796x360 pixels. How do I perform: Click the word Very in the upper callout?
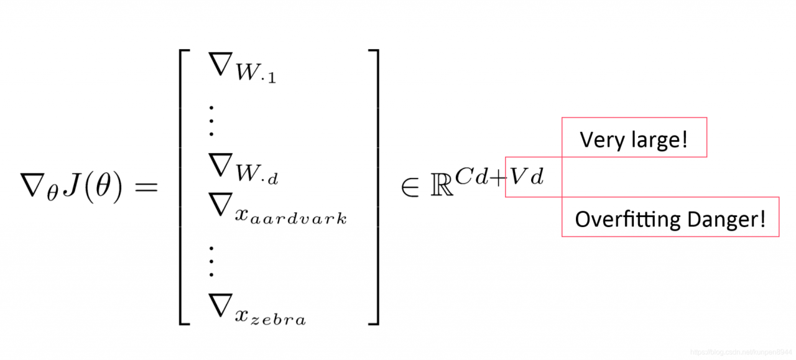tap(604, 140)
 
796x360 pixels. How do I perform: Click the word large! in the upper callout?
tap(660, 140)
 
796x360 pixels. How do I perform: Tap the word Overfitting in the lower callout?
tap(628, 219)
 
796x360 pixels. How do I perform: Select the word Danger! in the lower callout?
tap(726, 219)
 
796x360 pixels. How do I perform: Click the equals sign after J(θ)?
tap(146, 187)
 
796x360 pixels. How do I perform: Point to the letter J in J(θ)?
tap(72, 185)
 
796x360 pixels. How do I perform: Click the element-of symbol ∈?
tap(410, 187)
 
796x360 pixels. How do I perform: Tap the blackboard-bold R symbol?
tap(442, 185)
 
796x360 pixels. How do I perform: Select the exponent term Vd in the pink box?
tap(527, 176)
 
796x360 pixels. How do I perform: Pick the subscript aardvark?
tap(298, 218)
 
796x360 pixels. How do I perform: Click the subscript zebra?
tap(278, 320)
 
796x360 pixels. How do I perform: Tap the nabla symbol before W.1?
tap(221, 64)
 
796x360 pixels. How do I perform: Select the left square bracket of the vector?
tap(185, 187)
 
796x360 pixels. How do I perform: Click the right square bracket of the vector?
tap(374, 187)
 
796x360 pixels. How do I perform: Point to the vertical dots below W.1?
tap(211, 121)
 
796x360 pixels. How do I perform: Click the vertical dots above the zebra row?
tap(211, 261)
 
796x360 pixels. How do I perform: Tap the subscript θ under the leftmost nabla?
tap(53, 193)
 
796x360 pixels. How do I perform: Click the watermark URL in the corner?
tap(741, 352)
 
